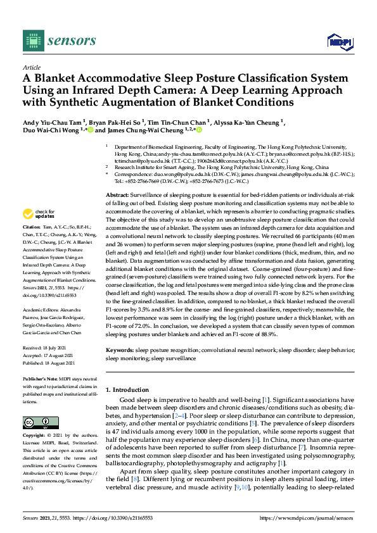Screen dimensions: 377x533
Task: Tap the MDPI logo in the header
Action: [340, 42]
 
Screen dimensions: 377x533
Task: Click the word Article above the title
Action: [32, 66]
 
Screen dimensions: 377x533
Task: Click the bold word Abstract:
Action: [119, 178]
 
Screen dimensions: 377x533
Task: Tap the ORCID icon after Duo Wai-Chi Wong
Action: [91, 131]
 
